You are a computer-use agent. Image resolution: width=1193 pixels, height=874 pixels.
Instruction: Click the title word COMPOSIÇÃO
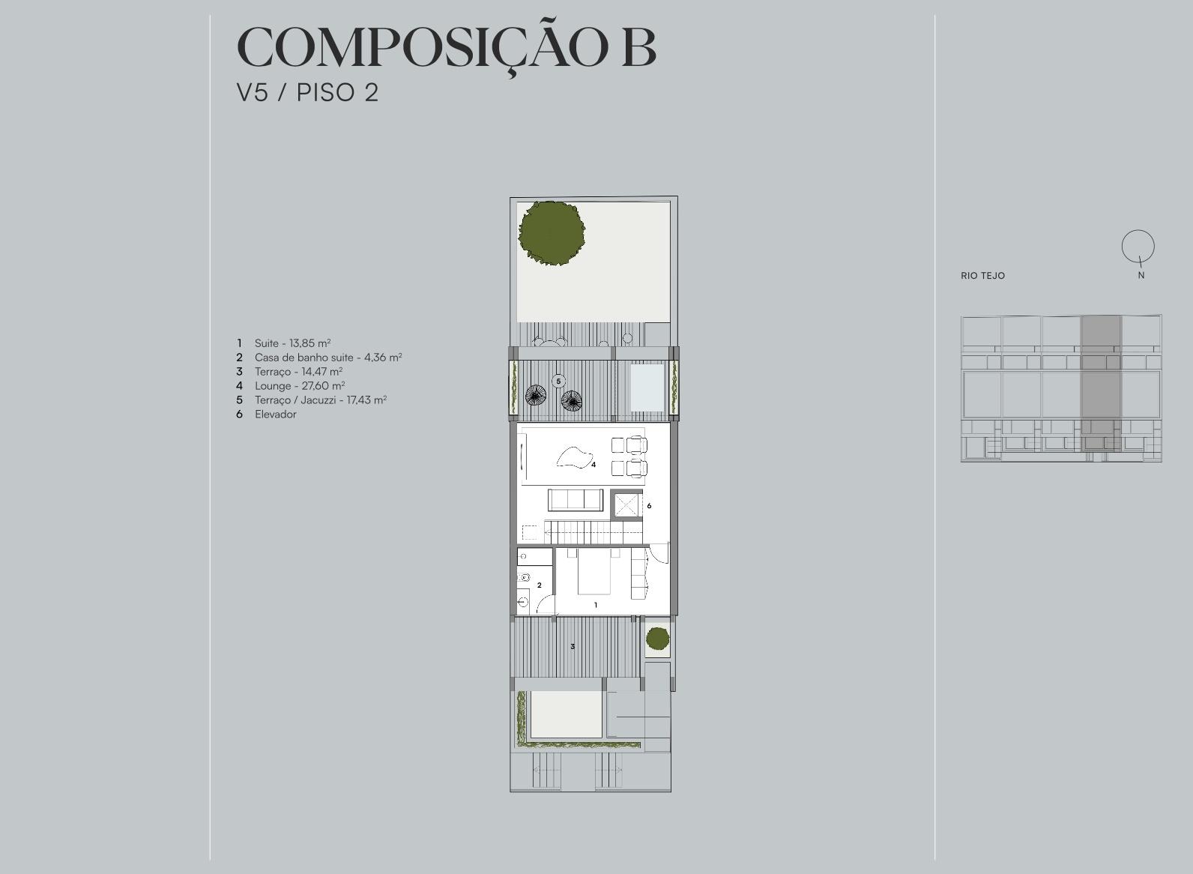[x=423, y=47]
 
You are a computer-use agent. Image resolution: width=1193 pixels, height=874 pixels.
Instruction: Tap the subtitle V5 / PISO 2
[x=308, y=93]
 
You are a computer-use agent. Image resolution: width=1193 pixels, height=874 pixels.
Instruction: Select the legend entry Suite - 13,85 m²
[x=292, y=343]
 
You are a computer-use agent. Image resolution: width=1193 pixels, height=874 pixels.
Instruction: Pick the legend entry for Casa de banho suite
[x=328, y=358]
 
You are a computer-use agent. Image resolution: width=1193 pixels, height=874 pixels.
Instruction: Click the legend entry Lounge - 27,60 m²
[x=300, y=385]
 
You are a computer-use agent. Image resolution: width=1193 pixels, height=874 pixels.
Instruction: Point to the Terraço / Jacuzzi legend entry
[x=321, y=400]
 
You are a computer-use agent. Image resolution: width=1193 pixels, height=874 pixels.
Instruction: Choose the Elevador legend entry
[x=275, y=414]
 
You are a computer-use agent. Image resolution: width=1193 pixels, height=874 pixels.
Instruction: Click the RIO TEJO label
[x=982, y=275]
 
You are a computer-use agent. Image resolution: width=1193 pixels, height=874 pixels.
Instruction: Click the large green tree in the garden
[x=552, y=233]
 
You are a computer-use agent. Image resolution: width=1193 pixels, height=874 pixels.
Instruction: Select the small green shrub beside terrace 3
[x=658, y=639]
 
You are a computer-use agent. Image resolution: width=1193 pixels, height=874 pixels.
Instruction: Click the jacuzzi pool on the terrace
[x=647, y=388]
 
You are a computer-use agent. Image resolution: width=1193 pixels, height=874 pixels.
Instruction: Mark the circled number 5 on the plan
[x=558, y=381]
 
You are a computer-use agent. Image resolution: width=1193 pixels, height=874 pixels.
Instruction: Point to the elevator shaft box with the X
[x=626, y=505]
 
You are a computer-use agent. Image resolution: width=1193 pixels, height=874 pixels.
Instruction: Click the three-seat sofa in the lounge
[x=576, y=499]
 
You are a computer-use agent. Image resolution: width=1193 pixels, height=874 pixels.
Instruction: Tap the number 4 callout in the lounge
[x=594, y=465]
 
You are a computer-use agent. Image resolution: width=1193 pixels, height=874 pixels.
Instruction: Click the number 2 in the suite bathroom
[x=539, y=585]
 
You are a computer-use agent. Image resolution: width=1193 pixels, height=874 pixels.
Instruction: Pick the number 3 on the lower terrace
[x=573, y=647]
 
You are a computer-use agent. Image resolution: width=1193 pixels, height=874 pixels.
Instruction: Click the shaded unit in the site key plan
[x=1101, y=384]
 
